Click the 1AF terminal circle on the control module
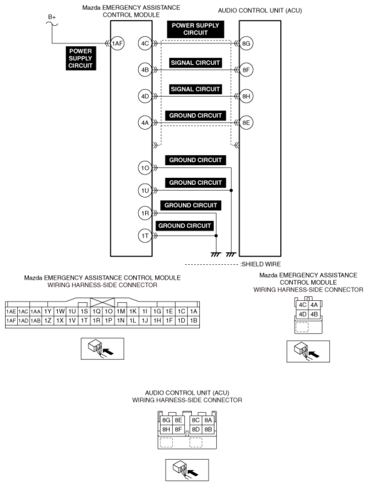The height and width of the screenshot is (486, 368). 117,44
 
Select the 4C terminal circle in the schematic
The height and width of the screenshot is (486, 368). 145,44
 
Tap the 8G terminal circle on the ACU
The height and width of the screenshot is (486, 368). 246,44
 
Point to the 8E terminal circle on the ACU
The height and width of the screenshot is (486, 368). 246,123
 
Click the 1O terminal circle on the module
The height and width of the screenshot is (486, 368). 145,168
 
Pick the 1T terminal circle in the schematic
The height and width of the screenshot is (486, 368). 145,236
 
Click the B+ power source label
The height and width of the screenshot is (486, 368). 52,17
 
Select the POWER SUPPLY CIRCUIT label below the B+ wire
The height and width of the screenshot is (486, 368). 80,58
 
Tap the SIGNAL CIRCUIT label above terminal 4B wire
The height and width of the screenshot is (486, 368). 195,63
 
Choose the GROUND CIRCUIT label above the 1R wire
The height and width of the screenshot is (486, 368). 191,205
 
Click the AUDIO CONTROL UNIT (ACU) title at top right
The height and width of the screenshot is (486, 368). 260,11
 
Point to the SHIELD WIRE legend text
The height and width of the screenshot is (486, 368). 261,264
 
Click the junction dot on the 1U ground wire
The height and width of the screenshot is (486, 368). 231,190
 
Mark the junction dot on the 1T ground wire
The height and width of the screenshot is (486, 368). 216,236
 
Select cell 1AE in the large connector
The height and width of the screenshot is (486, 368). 11,311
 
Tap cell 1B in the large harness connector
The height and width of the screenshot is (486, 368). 193,320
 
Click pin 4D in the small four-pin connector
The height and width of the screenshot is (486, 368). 303,314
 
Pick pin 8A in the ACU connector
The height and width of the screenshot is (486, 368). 208,420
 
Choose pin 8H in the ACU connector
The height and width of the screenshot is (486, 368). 166,430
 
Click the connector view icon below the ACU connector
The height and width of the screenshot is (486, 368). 187,470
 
